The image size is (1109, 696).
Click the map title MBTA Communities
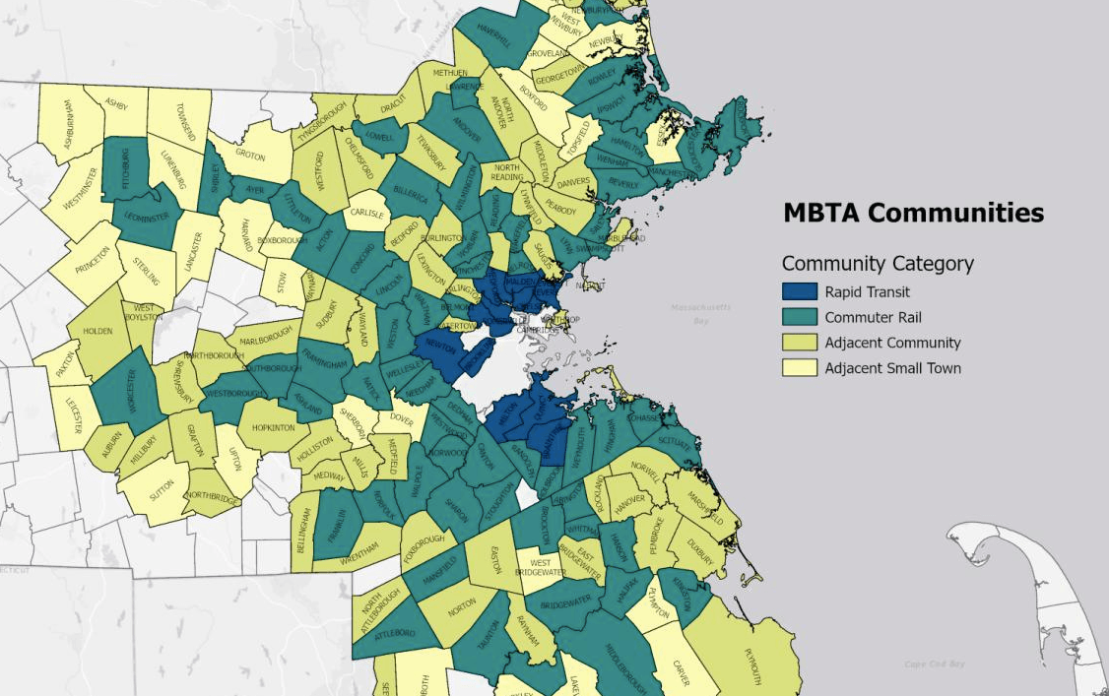[913, 213]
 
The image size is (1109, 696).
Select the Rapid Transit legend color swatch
[799, 291]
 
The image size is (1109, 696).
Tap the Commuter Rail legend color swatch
[799, 317]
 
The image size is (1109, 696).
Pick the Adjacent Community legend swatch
[799, 343]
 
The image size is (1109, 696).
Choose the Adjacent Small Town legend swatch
[799, 368]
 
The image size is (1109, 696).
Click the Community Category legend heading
[878, 263]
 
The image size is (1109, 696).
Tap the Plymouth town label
[753, 667]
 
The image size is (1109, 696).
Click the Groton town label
[250, 155]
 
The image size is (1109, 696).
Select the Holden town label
[98, 331]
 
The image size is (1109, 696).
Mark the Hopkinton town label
[273, 428]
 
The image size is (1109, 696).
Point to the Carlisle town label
[366, 213]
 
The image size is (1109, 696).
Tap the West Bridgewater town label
[533, 568]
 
